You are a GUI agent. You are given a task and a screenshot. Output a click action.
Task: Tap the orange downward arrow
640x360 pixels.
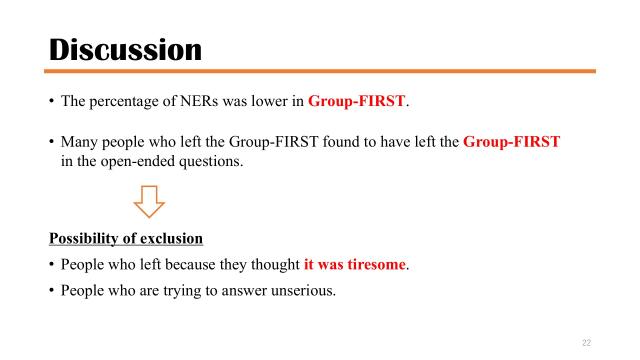149,205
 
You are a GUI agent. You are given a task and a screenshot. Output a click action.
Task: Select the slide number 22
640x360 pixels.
586,342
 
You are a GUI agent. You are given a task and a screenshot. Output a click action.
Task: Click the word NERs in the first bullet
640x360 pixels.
201,101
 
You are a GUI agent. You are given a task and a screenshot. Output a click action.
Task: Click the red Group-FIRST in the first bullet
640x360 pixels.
358,101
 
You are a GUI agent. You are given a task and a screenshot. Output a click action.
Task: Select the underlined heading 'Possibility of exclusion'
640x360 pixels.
126,239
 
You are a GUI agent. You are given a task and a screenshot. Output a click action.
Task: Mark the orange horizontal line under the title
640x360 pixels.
320,71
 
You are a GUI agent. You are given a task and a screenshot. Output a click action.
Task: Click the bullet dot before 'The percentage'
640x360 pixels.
51,101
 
